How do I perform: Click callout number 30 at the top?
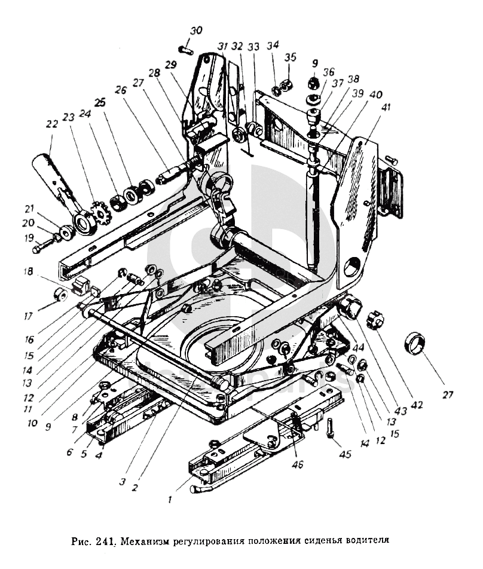pyautogui.click(x=197, y=30)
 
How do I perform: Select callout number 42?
pyautogui.click(x=417, y=404)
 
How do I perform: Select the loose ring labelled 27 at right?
pyautogui.click(x=416, y=344)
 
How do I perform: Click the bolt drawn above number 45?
pyautogui.click(x=330, y=429)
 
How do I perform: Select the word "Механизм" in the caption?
pyautogui.click(x=146, y=542)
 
